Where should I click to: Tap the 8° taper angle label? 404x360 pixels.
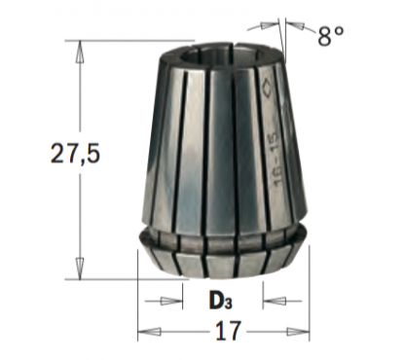click(x=330, y=35)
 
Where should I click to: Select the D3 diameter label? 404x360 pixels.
click(x=221, y=302)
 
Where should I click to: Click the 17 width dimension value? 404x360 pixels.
click(x=229, y=331)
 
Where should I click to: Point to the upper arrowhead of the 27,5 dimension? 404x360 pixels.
click(x=79, y=52)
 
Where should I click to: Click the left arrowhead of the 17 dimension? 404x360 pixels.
click(x=149, y=332)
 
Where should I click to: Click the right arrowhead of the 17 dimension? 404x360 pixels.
click(x=299, y=332)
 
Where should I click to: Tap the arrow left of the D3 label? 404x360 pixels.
click(x=164, y=302)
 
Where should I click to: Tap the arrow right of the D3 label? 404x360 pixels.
click(x=282, y=302)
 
